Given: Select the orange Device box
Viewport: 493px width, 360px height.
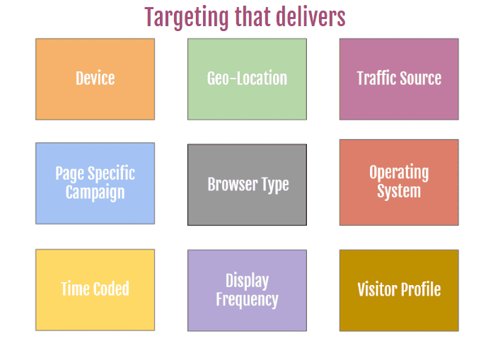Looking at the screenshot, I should click(x=95, y=79).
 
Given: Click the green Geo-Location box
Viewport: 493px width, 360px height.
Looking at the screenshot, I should click(x=247, y=79).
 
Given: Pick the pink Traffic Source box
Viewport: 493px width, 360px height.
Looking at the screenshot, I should click(x=399, y=79).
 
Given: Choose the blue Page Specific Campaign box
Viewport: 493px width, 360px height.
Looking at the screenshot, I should click(x=95, y=183).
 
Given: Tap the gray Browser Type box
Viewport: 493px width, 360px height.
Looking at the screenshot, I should click(x=247, y=185).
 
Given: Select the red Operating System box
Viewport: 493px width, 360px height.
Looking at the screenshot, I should click(x=399, y=182).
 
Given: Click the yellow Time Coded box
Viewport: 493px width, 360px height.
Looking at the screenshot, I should click(x=95, y=289).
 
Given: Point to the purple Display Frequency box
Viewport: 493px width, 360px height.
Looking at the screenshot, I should click(x=247, y=290).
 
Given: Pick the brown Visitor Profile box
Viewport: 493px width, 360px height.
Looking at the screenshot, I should click(x=399, y=289).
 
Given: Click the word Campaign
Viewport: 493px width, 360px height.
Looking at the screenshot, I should click(x=95, y=192).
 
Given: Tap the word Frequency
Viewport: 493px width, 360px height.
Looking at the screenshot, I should click(x=247, y=300).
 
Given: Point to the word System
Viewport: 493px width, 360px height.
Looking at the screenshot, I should click(x=399, y=192).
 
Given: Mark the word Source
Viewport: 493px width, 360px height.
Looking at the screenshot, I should click(x=420, y=79).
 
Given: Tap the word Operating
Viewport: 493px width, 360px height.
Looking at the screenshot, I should click(x=399, y=173).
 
